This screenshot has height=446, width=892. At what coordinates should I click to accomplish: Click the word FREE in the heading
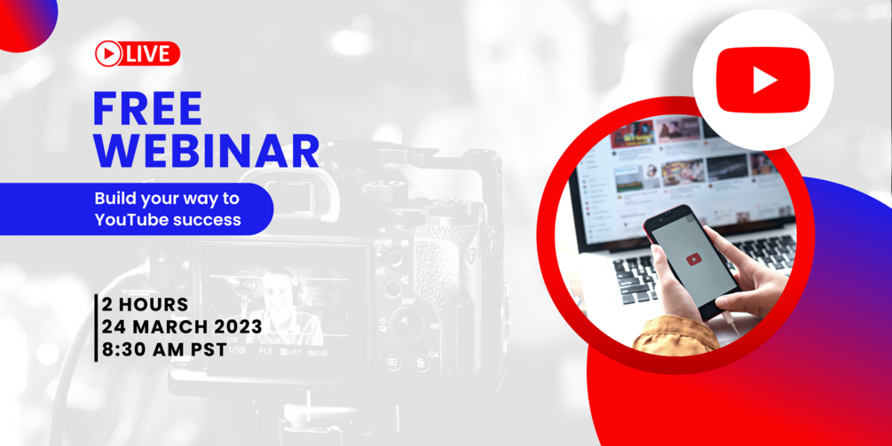(148, 108)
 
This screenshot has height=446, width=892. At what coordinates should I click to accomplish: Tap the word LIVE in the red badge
(148, 54)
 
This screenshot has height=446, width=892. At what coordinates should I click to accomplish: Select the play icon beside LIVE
(108, 54)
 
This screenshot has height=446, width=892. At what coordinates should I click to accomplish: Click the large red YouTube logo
(763, 80)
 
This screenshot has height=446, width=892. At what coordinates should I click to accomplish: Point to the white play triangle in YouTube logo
(764, 80)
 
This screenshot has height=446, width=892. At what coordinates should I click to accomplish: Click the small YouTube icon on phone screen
(693, 260)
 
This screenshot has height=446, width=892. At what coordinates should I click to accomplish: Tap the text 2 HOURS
(145, 305)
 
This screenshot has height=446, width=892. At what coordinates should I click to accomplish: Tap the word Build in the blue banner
(110, 199)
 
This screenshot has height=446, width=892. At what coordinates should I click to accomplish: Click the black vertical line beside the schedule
(96, 328)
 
